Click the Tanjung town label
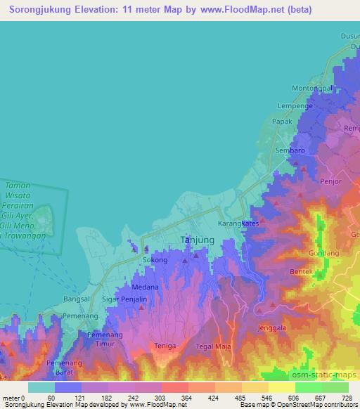coord(198,240)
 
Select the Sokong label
coord(155,260)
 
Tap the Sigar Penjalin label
coord(124,299)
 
